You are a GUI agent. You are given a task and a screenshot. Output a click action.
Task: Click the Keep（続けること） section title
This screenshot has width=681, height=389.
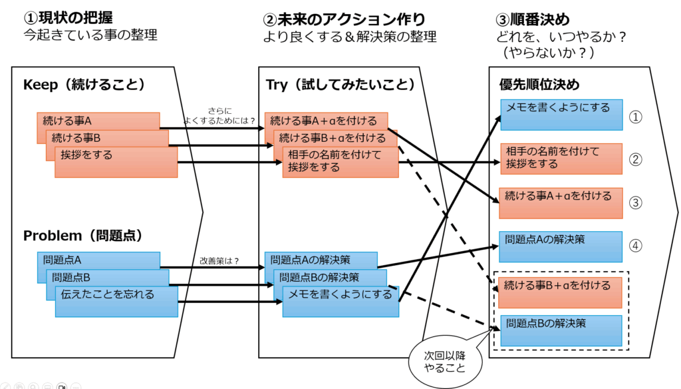click(x=84, y=85)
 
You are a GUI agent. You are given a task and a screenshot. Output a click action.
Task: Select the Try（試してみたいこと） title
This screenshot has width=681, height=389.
click(x=340, y=85)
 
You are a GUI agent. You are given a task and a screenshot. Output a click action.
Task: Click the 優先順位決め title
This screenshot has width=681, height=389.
click(x=539, y=85)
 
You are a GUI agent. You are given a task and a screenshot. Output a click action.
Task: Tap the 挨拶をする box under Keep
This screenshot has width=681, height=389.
click(x=116, y=162)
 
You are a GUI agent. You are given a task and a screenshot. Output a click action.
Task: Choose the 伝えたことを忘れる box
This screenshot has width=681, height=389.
click(x=116, y=301)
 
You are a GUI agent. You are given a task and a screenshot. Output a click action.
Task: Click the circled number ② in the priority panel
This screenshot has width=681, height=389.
click(x=636, y=159)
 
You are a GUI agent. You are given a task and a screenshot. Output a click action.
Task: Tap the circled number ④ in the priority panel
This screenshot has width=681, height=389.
click(x=636, y=246)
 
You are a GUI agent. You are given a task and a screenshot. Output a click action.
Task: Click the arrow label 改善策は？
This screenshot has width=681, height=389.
click(x=219, y=261)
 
